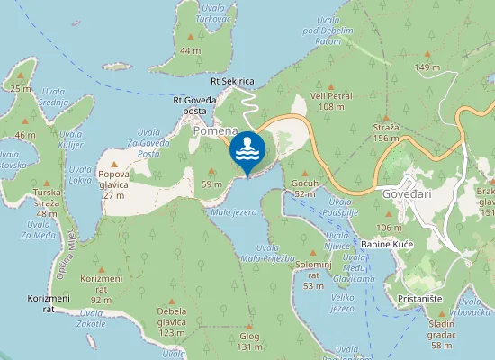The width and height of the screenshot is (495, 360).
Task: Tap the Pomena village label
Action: tap(215, 130)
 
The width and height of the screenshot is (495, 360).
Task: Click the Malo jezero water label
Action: tap(233, 212)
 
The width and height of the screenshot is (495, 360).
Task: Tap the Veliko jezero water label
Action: tap(342, 302)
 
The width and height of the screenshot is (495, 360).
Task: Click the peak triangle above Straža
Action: tap(385, 118)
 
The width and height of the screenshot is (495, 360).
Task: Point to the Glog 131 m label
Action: tap(249, 341)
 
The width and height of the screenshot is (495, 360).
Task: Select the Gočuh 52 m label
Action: tap(304, 188)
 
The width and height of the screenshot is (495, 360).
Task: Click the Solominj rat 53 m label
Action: tap(313, 280)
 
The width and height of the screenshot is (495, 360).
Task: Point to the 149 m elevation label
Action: tap(427, 67)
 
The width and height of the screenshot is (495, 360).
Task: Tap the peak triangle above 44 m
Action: tap(190, 37)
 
